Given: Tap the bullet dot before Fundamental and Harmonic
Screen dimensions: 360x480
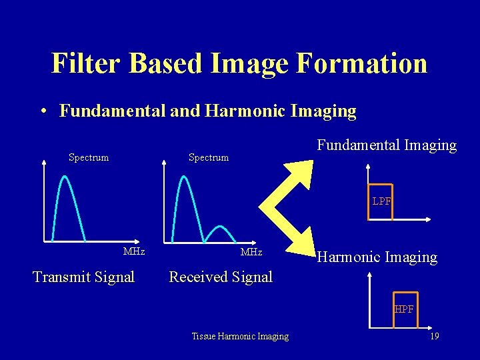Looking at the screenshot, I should (42, 111).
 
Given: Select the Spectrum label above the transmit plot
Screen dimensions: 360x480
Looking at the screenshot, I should (89, 157).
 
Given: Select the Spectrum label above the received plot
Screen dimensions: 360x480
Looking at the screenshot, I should (208, 157).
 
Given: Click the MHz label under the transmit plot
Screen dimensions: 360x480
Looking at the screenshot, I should (134, 252).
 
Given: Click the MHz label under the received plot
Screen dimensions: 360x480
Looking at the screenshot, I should (251, 252).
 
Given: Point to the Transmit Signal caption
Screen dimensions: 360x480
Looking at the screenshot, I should (83, 277).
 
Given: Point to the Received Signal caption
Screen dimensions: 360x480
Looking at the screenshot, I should (221, 277).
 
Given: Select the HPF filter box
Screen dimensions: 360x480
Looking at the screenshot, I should (405, 309).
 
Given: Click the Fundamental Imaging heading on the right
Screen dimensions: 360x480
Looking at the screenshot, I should (387, 145).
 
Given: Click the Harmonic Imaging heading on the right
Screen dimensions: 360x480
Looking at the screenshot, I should (377, 257).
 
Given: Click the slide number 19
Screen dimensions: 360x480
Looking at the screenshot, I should (434, 337).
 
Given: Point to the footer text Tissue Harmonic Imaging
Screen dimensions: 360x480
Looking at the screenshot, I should (240, 337).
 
